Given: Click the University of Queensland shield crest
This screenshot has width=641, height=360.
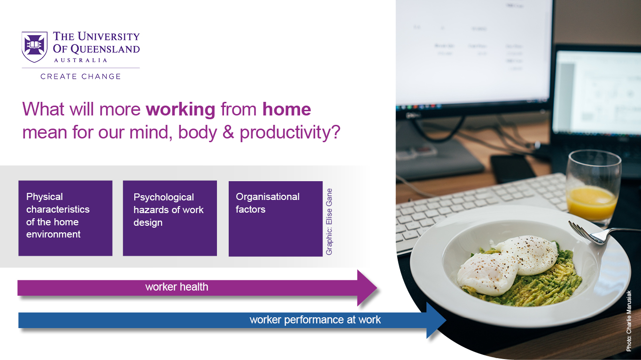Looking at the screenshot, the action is [34, 47].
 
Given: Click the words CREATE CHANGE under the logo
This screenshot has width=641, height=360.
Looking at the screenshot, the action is [81, 77].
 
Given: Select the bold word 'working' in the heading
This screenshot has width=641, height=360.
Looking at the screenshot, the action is [180, 110].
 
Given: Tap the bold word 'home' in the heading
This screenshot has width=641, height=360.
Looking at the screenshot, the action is [286, 109].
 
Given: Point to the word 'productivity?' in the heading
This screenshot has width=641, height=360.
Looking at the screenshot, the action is [290, 133].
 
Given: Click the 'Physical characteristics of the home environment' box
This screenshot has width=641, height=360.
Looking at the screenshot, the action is [65, 218].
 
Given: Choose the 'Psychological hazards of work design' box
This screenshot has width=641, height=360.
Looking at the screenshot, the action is [170, 218].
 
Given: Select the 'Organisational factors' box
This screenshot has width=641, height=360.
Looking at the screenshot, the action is [276, 219].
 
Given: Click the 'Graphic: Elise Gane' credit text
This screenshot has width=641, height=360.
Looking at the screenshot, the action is [329, 222].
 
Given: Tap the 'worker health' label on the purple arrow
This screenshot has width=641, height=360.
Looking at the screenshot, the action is [177, 287].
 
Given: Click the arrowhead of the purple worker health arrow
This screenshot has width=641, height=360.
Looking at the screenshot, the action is [367, 288].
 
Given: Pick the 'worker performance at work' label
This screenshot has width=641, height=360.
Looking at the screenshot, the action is [315, 320].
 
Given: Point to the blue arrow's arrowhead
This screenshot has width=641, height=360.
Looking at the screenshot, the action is [436, 320].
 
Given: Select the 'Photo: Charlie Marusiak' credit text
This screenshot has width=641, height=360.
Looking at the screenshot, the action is [629, 321].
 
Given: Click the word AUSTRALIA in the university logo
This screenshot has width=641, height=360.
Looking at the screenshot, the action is [81, 61].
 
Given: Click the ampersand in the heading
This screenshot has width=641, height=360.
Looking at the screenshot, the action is [228, 132].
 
